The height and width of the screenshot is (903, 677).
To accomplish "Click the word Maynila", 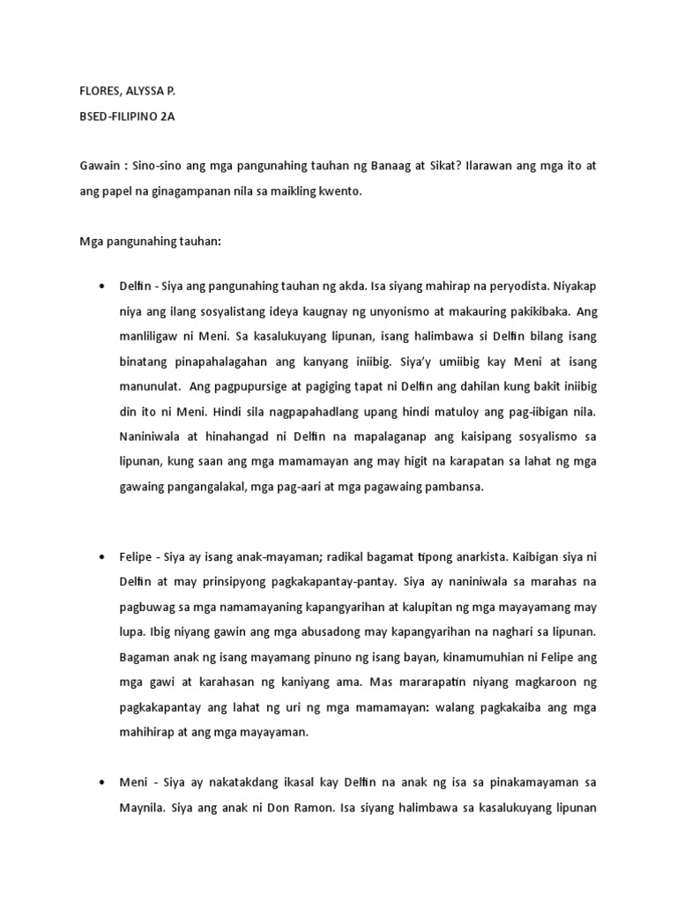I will point(140,808).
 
